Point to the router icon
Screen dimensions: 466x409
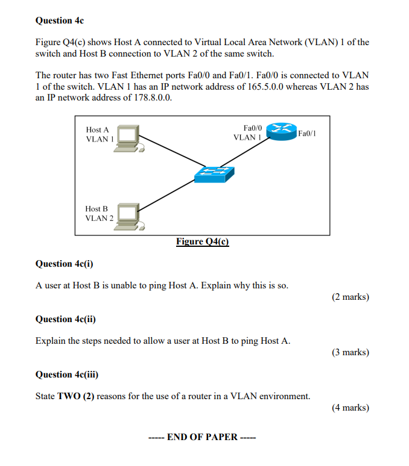[281, 131]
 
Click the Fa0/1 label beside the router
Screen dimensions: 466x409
[307, 134]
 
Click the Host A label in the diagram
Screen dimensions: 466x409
[98, 129]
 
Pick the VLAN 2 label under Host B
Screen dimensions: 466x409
[99, 218]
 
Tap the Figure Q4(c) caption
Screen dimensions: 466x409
[203, 241]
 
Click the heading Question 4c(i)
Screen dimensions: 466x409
[65, 264]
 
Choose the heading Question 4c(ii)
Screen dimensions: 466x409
[66, 319]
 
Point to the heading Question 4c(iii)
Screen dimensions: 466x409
[67, 374]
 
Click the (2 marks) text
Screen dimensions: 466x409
[350, 297]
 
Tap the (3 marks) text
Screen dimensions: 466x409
[350, 352]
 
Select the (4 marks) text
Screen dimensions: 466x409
[350, 408]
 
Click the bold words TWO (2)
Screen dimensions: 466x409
[75, 396]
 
